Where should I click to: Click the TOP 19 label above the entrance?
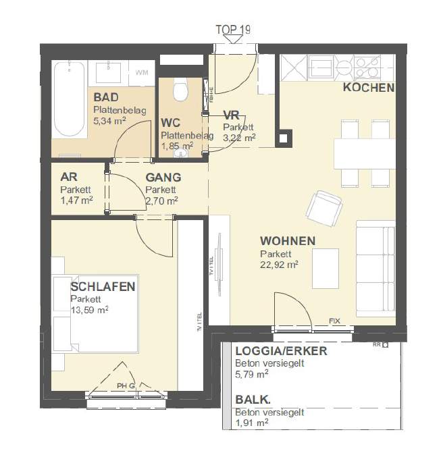[x=233, y=29]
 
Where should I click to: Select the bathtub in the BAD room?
[x=69, y=98]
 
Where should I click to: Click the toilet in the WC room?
[x=180, y=90]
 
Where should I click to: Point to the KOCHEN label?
[x=369, y=88]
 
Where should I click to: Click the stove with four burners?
[x=367, y=67]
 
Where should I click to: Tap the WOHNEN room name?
[x=288, y=241]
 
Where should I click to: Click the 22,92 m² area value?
[x=279, y=265]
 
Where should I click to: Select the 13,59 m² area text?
[x=89, y=310]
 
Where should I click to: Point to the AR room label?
[x=68, y=177]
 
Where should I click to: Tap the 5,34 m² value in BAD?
[x=110, y=121]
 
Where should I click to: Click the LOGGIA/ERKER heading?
[x=280, y=351]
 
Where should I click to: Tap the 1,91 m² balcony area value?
[x=251, y=423]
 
